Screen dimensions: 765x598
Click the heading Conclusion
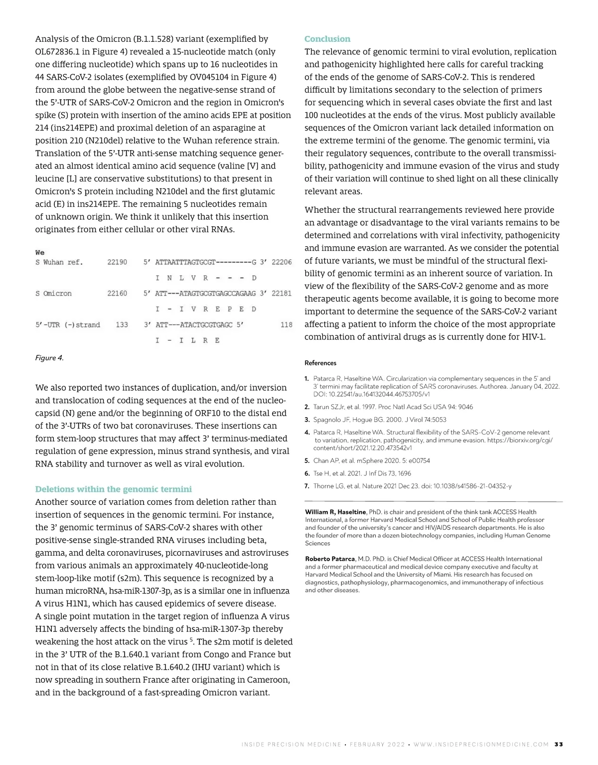(327, 39)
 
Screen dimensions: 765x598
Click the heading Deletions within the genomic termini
(113, 489)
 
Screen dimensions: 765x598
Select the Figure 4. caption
(49, 358)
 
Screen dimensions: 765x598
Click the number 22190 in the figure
(117, 262)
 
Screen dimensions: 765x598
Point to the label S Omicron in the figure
(53, 294)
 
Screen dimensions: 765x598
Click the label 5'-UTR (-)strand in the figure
(67, 325)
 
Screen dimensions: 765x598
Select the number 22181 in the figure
(282, 294)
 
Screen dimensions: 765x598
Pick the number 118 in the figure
(286, 325)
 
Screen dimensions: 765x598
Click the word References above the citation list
(320, 363)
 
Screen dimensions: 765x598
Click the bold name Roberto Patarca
(330, 559)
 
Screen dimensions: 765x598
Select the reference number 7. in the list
(307, 486)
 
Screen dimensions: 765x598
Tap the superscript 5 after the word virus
(191, 639)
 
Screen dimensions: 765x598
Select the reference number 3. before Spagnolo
(307, 420)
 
